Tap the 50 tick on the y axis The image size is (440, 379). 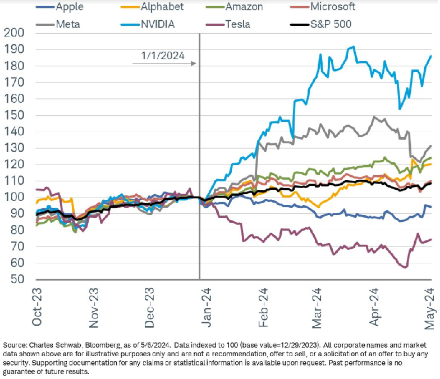pyautogui.click(x=16, y=279)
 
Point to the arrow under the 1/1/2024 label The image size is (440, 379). pyautogui.click(x=164, y=63)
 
